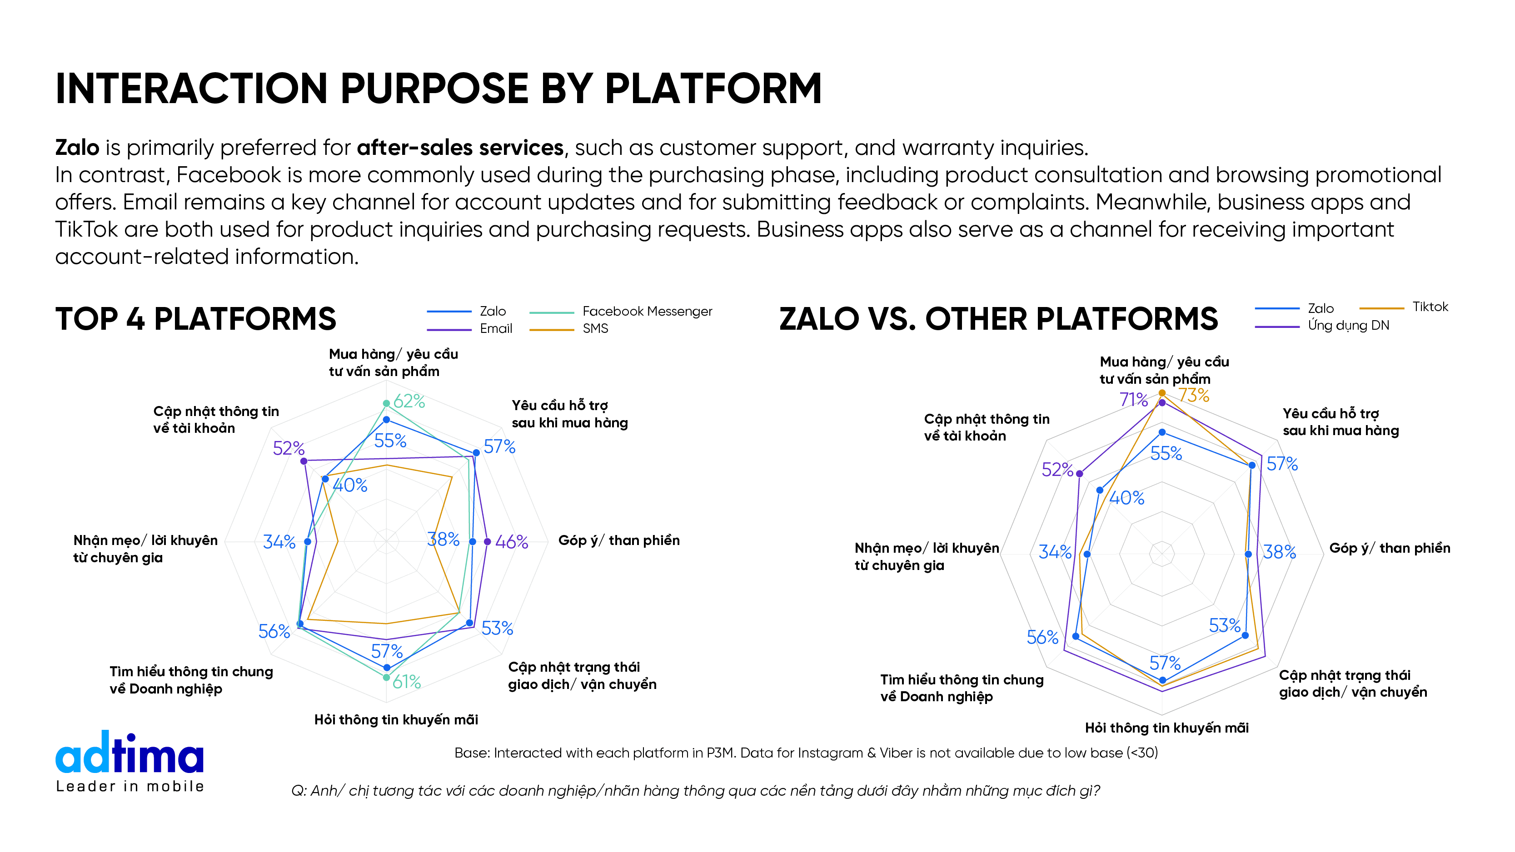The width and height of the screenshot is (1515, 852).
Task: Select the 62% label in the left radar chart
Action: pyautogui.click(x=409, y=401)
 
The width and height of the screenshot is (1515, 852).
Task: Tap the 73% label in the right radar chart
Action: pyautogui.click(x=1193, y=396)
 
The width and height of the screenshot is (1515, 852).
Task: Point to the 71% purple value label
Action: pyautogui.click(x=1133, y=400)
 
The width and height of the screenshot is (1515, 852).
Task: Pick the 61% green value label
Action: pyautogui.click(x=406, y=682)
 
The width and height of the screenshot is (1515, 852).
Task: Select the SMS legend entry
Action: pyautogui.click(x=594, y=329)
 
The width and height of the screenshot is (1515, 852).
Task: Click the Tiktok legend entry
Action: pyautogui.click(x=1430, y=307)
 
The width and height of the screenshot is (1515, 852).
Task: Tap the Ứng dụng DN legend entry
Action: pyautogui.click(x=1348, y=326)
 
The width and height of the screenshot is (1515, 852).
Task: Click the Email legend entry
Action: pyautogui.click(x=496, y=329)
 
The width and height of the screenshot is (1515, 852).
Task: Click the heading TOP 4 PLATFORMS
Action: pyautogui.click(x=195, y=319)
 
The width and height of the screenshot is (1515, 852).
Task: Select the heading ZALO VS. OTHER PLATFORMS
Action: pyautogui.click(x=998, y=319)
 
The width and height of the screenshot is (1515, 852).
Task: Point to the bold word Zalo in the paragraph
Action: pyautogui.click(x=77, y=148)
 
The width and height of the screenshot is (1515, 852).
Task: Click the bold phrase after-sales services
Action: pyautogui.click(x=460, y=148)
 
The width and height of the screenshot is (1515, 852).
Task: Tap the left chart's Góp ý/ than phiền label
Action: pyautogui.click(x=619, y=540)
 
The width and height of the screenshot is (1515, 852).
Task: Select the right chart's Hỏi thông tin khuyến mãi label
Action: pyautogui.click(x=1166, y=728)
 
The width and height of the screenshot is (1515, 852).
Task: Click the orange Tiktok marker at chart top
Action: pyautogui.click(x=1161, y=393)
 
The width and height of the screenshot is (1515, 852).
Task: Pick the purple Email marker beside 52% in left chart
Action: pyautogui.click(x=304, y=461)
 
